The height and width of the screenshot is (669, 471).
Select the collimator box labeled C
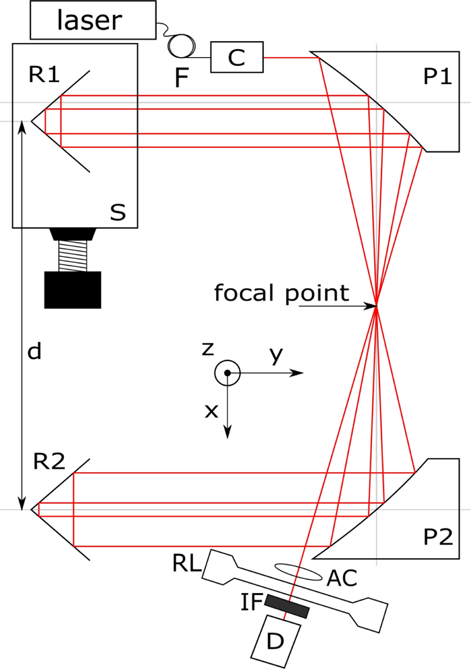tap(236, 58)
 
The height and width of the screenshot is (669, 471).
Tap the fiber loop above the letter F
tap(182, 46)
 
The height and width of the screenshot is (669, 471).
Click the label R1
tap(44, 75)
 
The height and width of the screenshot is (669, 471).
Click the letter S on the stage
tap(118, 212)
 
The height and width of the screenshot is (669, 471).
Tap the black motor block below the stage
tap(72, 289)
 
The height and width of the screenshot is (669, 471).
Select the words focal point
tap(281, 292)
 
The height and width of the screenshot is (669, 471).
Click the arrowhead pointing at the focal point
tap(371, 307)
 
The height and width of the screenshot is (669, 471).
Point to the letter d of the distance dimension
tap(34, 351)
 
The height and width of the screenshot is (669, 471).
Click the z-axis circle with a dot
tap(227, 372)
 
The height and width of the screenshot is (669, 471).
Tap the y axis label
tap(274, 355)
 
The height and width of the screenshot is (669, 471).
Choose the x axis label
tap(211, 411)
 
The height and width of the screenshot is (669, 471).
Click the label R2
tap(49, 461)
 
